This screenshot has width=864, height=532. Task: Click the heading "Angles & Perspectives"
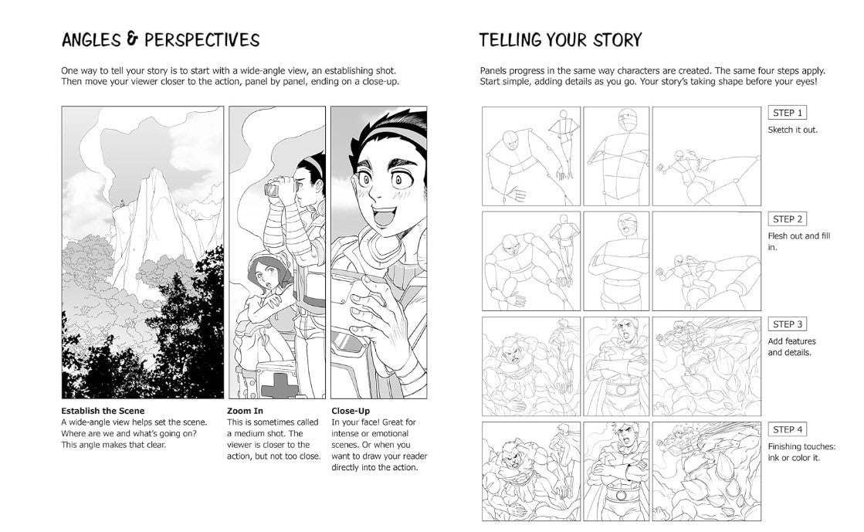pyautogui.click(x=161, y=40)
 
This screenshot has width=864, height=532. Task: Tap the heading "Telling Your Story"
pyautogui.click(x=560, y=40)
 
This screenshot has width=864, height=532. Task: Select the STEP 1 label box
pyautogui.click(x=788, y=113)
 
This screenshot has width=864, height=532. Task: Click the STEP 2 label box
pyautogui.click(x=788, y=219)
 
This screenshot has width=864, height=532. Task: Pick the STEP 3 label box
pyautogui.click(x=788, y=324)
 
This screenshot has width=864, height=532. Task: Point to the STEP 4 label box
pyautogui.click(x=788, y=429)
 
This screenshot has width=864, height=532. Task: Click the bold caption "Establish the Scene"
pyautogui.click(x=103, y=411)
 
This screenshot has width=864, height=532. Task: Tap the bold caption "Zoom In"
pyautogui.click(x=245, y=411)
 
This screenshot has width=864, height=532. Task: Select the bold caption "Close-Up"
pyautogui.click(x=351, y=411)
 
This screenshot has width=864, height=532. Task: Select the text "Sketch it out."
pyautogui.click(x=792, y=130)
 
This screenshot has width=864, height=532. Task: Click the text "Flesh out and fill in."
pyautogui.click(x=798, y=242)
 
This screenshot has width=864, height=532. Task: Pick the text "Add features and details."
pyautogui.click(x=791, y=347)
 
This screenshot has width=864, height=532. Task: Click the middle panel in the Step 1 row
pyautogui.click(x=616, y=156)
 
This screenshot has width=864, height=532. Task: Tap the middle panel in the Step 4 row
pyautogui.click(x=616, y=471)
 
